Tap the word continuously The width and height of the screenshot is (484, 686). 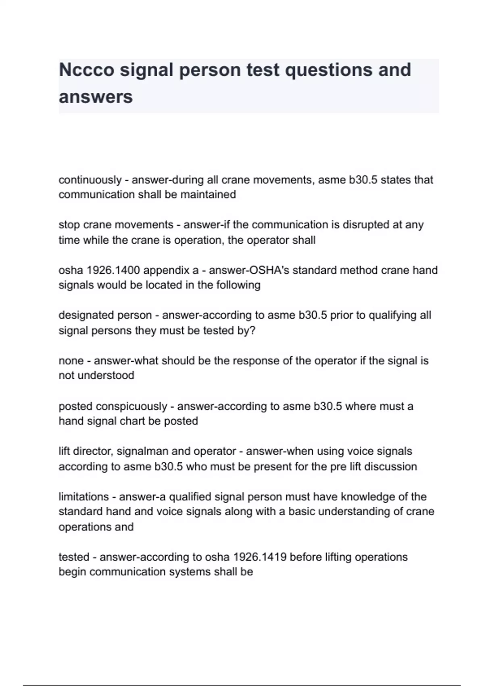(x=90, y=180)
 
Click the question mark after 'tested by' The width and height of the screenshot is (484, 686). (x=253, y=330)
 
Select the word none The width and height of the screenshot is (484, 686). (x=71, y=361)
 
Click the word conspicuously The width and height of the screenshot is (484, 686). (x=131, y=406)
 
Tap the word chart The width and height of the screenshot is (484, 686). (x=133, y=421)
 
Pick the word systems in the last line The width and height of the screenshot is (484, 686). (x=191, y=572)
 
